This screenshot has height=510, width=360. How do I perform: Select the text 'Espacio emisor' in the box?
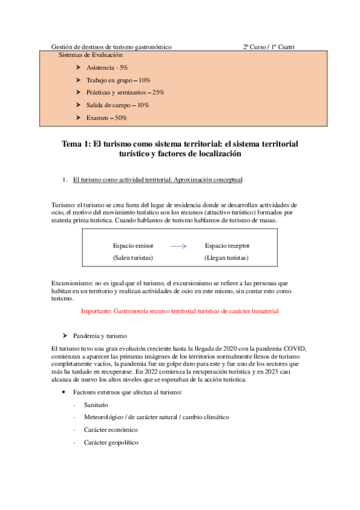point(133,246)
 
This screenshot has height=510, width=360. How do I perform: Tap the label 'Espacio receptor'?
point(227,246)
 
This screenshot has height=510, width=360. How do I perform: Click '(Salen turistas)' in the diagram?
point(133,258)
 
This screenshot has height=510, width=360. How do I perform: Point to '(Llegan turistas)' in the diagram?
point(227,258)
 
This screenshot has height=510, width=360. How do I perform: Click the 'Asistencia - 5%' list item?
point(107,68)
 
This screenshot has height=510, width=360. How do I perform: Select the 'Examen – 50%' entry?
point(106,118)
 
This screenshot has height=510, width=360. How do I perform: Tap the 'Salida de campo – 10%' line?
point(118,105)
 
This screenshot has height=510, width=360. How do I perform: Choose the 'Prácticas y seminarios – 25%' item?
point(125,93)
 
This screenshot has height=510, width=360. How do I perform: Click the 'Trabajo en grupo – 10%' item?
point(118,80)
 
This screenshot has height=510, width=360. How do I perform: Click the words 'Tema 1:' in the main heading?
point(76,144)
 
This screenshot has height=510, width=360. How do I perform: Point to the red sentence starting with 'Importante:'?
point(180,312)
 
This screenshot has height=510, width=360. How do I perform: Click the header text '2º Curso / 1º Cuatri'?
point(269,47)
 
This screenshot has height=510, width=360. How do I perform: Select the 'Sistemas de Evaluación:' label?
point(91,55)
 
